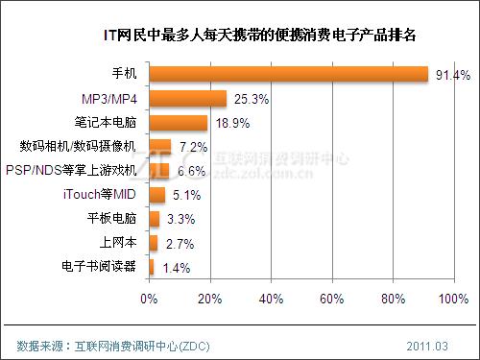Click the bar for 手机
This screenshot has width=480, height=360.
tap(288, 74)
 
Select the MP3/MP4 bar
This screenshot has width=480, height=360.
tap(187, 98)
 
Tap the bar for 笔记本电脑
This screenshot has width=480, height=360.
tap(178, 122)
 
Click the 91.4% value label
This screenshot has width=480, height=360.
tap(451, 74)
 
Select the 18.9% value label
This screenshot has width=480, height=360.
tap(230, 122)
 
